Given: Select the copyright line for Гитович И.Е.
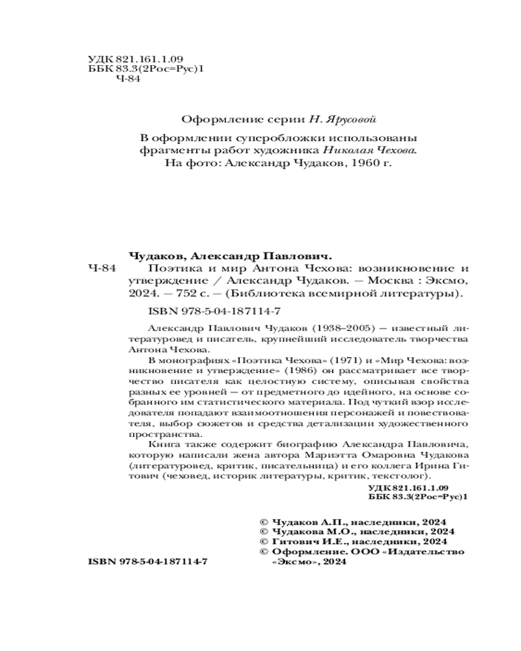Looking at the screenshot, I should (x=352, y=540).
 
